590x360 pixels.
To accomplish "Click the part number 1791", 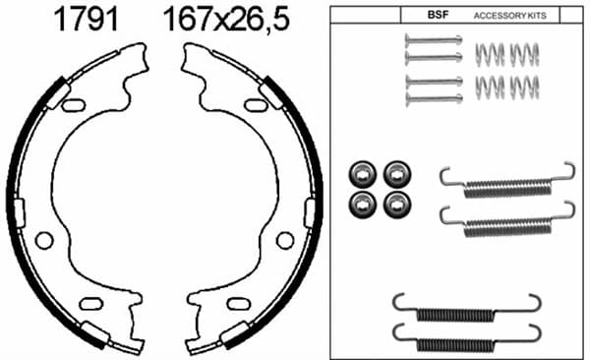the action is pyautogui.click(x=87, y=20).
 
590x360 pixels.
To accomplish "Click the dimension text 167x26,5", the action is pyautogui.click(x=226, y=20).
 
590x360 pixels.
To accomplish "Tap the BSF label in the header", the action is pyautogui.click(x=438, y=15).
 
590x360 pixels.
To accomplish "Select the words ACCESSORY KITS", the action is pyautogui.click(x=509, y=16).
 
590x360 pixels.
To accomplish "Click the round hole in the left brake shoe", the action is pyautogui.click(x=44, y=240).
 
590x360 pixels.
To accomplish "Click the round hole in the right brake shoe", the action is pyautogui.click(x=285, y=241).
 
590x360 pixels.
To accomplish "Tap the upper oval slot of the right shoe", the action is pyautogui.click(x=256, y=105).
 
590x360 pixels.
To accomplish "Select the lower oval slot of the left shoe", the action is pyautogui.click(x=91, y=304).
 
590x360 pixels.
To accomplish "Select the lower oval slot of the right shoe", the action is pyautogui.click(x=238, y=304).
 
